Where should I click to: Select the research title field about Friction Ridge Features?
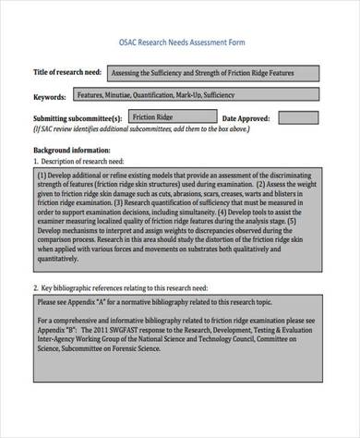[x=215, y=73]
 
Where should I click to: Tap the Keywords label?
[x=49, y=96]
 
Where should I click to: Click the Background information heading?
[x=71, y=148]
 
